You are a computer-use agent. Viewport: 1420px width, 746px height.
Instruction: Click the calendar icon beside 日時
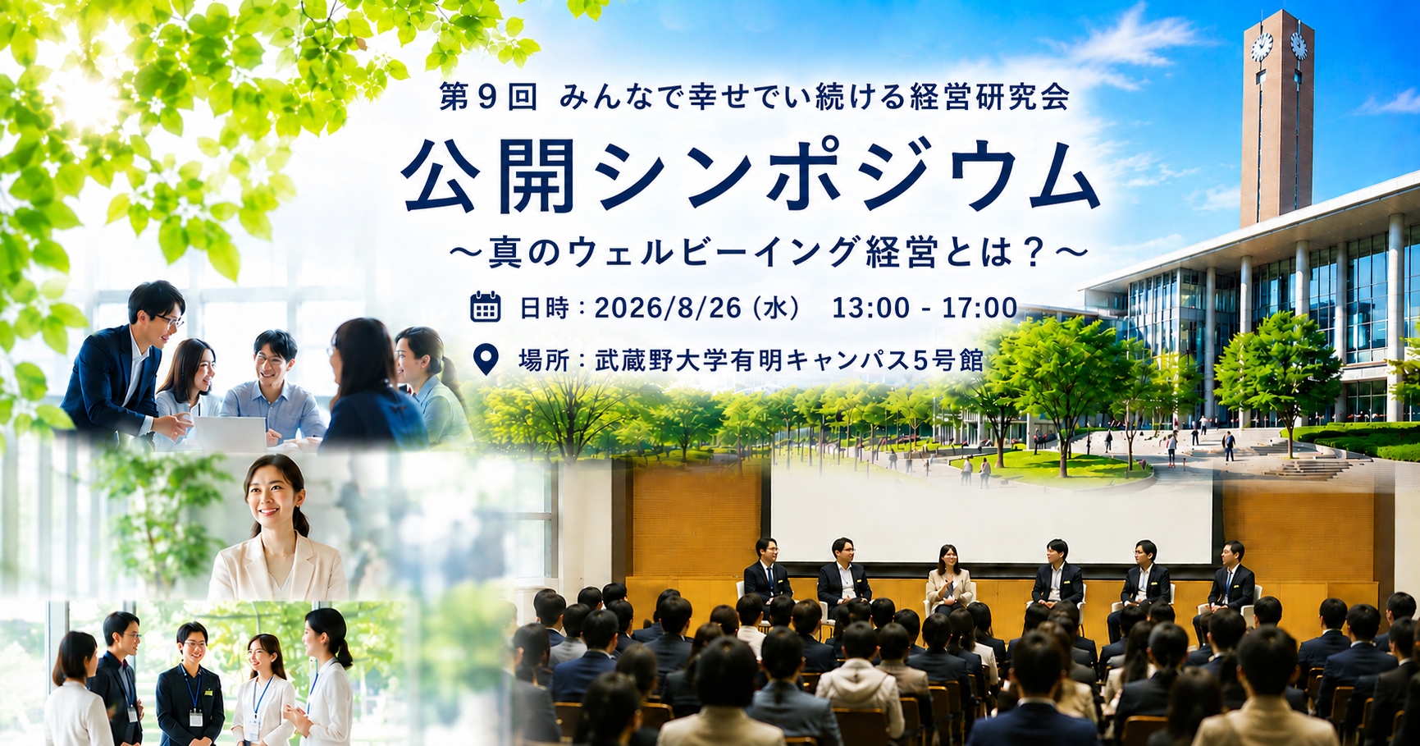coord(486,306)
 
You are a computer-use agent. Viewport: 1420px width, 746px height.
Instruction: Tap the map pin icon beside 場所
coord(486,359)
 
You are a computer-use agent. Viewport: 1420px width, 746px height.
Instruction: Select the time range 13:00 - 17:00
coord(925,308)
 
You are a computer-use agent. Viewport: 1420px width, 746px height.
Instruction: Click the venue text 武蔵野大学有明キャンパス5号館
coord(788,359)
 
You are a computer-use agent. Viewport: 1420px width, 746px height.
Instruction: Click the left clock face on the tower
coord(1261,47)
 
